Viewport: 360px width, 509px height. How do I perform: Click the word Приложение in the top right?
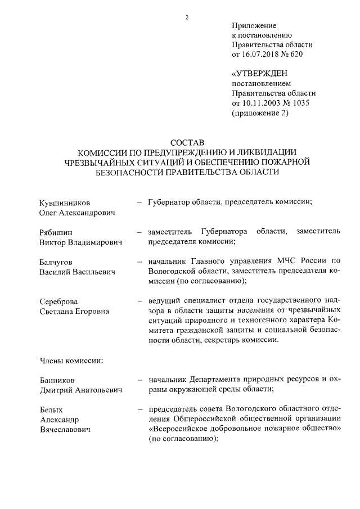coord(254,26)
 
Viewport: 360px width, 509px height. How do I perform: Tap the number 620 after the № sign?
coord(302,55)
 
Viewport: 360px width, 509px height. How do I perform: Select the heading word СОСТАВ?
coord(186,142)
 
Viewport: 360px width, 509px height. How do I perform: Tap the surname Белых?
coord(51,409)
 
